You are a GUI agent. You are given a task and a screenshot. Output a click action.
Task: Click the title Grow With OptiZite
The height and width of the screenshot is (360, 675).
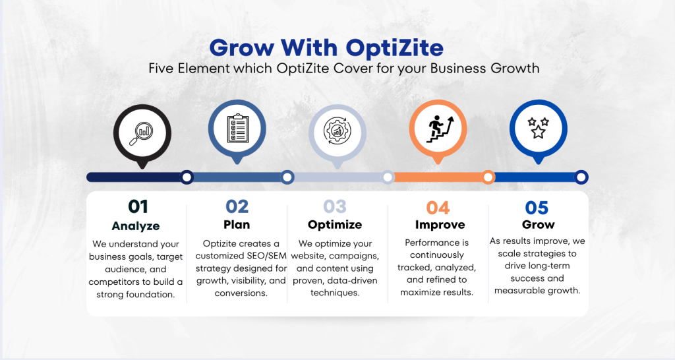tap(326, 47)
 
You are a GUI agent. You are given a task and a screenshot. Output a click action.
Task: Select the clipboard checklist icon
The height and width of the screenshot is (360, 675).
tap(237, 127)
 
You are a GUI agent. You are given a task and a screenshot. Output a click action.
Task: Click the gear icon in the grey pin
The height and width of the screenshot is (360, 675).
tap(337, 130)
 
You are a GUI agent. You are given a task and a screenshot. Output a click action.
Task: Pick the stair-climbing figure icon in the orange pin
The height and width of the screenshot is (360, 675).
tap(438, 127)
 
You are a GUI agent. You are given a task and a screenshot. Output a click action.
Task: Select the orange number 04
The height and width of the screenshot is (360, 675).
tap(438, 208)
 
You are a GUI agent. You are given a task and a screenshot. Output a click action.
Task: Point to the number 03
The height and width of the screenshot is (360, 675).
tap(336, 207)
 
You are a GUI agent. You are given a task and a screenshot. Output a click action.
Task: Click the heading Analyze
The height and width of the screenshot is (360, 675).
tap(136, 225)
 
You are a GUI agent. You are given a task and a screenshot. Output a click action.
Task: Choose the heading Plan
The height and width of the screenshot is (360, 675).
tap(237, 225)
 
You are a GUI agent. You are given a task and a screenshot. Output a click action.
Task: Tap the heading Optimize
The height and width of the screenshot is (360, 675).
tap(335, 225)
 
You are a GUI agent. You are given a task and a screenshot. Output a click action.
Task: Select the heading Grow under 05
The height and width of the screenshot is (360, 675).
tap(538, 225)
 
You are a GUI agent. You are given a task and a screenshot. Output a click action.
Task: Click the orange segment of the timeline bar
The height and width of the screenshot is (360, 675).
tap(438, 177)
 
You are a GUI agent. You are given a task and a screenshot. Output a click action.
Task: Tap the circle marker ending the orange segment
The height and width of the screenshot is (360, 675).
tap(488, 177)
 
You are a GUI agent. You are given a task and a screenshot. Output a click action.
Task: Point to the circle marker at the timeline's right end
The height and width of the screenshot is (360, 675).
tap(581, 177)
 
